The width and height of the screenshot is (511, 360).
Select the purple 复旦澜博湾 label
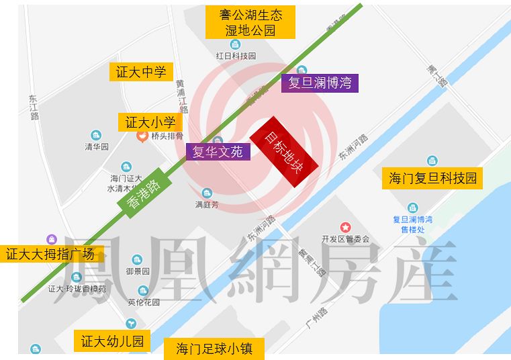(x=320, y=83)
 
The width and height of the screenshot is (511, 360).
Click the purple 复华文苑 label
(x=218, y=151)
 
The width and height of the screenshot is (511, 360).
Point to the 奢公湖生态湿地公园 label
(x=250, y=23)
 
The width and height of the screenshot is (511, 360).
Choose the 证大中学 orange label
(x=141, y=72)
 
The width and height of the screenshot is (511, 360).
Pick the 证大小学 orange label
(x=150, y=122)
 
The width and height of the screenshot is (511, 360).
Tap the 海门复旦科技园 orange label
(x=432, y=179)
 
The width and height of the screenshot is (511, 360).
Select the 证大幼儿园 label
(x=112, y=341)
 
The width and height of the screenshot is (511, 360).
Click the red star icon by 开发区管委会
(x=345, y=228)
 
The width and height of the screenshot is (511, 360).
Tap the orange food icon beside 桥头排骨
(x=142, y=136)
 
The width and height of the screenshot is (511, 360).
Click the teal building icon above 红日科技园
(x=235, y=44)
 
